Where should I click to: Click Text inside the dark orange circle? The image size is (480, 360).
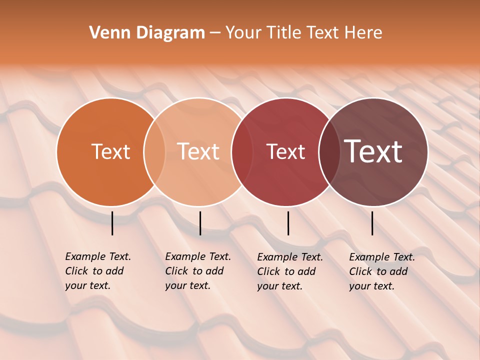(110, 151)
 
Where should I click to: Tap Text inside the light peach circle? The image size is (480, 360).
(198, 151)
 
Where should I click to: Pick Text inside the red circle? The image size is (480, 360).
(285, 151)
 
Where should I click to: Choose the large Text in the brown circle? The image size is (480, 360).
(373, 151)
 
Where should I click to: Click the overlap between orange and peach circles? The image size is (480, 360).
(154, 151)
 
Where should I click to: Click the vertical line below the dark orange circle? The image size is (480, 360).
(112, 223)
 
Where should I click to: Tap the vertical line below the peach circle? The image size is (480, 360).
(200, 223)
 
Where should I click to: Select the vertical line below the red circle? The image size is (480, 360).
(288, 223)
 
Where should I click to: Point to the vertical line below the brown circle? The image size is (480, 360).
(372, 223)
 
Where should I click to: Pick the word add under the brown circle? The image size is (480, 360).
(398, 271)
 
